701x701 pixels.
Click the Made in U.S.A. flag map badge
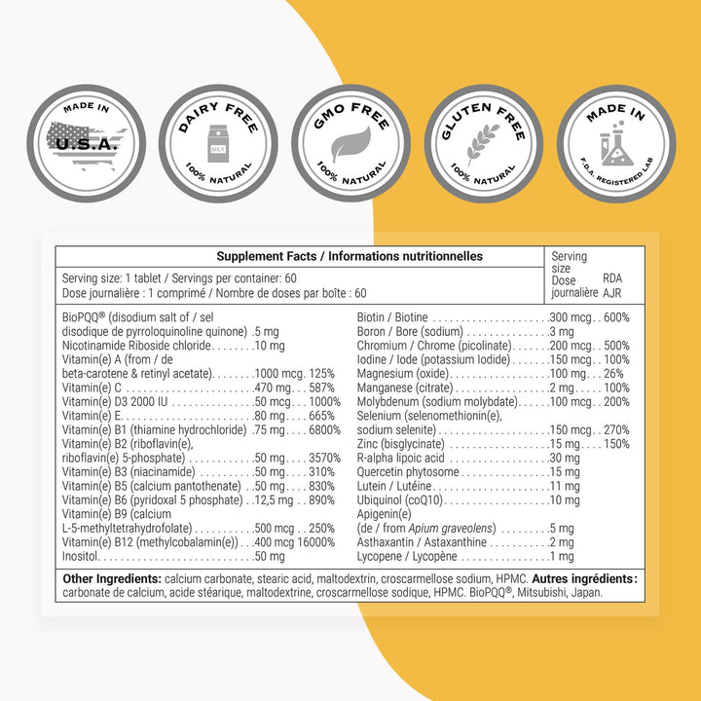click(x=86, y=142)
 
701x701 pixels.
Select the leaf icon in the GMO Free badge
click(x=350, y=143)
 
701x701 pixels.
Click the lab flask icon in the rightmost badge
click(x=615, y=148)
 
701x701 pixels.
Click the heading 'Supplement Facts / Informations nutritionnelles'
click(x=350, y=257)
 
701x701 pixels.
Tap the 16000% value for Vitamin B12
click(x=315, y=542)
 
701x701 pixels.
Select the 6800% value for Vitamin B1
click(x=317, y=430)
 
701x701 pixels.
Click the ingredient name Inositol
click(x=82, y=557)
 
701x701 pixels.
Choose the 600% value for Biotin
click(x=616, y=317)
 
